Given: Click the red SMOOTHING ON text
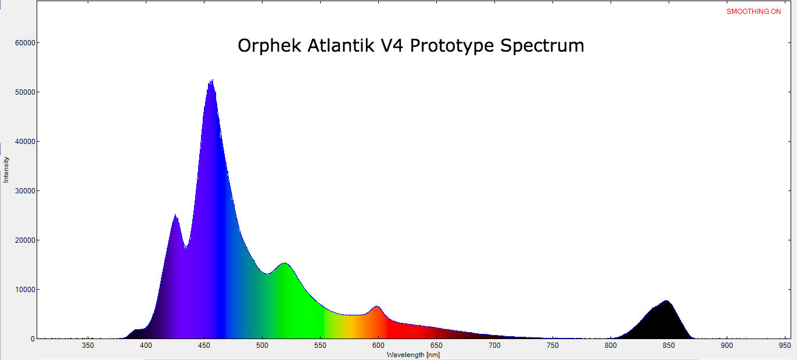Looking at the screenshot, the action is (x=753, y=12).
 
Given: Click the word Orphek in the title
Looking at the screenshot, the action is (x=270, y=45).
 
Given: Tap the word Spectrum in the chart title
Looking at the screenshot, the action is (x=542, y=46).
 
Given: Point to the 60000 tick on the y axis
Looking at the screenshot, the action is (x=25, y=43).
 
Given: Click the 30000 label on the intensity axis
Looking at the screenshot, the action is (x=25, y=191).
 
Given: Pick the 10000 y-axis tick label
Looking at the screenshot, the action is (x=25, y=290).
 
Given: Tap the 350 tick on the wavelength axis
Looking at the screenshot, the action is (x=88, y=345).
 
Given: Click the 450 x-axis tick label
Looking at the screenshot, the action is (x=204, y=345).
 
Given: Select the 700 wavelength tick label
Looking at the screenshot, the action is (x=494, y=345).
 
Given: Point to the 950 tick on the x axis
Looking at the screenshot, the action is (x=785, y=345).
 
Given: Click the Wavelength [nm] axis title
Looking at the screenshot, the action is (x=413, y=355).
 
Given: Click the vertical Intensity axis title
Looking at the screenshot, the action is (x=6, y=170).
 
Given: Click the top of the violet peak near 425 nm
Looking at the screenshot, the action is (x=175, y=214).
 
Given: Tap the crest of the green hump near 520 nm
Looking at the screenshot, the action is (x=285, y=263).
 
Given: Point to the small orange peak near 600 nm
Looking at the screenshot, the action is (x=376, y=306).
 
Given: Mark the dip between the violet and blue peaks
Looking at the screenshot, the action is (x=186, y=248).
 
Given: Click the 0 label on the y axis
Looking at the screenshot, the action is (x=33, y=339).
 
